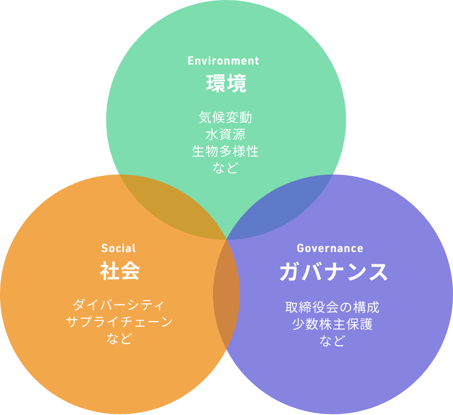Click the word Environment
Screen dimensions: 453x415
click(223, 61)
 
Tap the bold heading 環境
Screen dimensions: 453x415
click(226, 83)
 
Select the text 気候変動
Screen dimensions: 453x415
click(226, 118)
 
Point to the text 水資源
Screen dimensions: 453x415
click(226, 134)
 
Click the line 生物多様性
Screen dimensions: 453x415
click(226, 151)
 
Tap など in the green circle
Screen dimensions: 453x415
click(225, 168)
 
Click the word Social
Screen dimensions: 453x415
click(118, 248)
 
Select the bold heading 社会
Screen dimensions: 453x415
click(120, 271)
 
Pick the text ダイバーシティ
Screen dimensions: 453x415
click(119, 305)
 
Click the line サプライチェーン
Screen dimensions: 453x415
click(119, 322)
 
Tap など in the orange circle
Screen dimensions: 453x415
click(119, 338)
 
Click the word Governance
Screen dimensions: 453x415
click(330, 248)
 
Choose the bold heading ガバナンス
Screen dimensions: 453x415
click(333, 272)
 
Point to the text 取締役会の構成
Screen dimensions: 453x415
click(332, 307)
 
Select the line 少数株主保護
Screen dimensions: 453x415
click(332, 324)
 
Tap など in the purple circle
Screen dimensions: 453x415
click(332, 341)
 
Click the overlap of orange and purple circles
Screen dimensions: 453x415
click(226, 295)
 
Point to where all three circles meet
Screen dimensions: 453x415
click(226, 239)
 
